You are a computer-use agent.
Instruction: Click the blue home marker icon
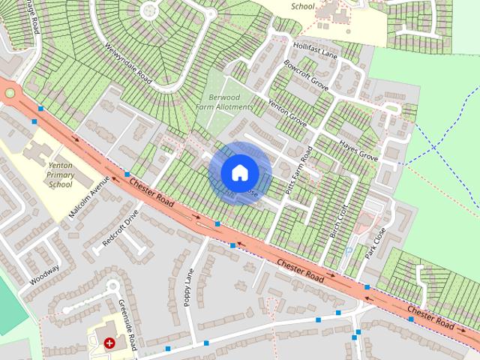pos(239,172)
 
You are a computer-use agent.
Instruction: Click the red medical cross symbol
pos(110,343)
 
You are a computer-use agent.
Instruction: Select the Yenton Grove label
pos(287,113)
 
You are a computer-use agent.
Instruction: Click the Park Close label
pos(374,241)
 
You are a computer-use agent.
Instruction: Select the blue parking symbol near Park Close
pos(348,247)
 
